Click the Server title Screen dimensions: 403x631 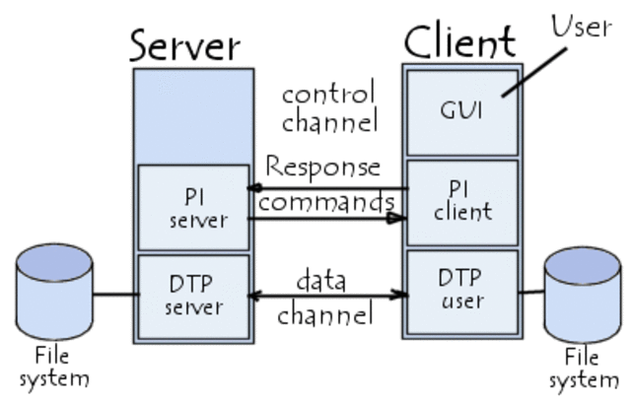(185, 44)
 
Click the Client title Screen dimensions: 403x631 (458, 41)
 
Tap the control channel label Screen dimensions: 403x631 (328, 108)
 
